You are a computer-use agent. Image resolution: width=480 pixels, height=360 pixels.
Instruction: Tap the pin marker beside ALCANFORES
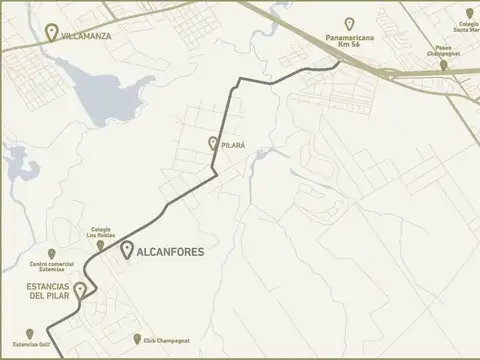[x=127, y=250]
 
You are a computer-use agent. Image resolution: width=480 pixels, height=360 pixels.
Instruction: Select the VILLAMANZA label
[x=87, y=35]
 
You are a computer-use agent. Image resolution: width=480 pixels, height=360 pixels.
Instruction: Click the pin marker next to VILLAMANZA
[x=51, y=31]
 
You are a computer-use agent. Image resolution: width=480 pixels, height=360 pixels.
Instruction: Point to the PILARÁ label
[x=232, y=145]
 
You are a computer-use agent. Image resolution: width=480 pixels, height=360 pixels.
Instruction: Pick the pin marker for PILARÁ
[x=212, y=144]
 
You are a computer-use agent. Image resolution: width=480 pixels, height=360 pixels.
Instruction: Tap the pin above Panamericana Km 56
[x=349, y=23]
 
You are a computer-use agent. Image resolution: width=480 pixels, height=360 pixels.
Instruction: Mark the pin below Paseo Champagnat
[x=444, y=65]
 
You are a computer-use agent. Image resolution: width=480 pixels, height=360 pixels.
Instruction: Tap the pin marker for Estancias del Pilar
[x=79, y=290]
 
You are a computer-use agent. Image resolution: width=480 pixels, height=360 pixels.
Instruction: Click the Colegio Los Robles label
[x=106, y=232]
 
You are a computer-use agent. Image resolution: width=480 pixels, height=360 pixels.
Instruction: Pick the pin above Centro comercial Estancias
[x=51, y=254]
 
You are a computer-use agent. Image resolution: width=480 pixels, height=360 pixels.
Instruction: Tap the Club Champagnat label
[x=161, y=340]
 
